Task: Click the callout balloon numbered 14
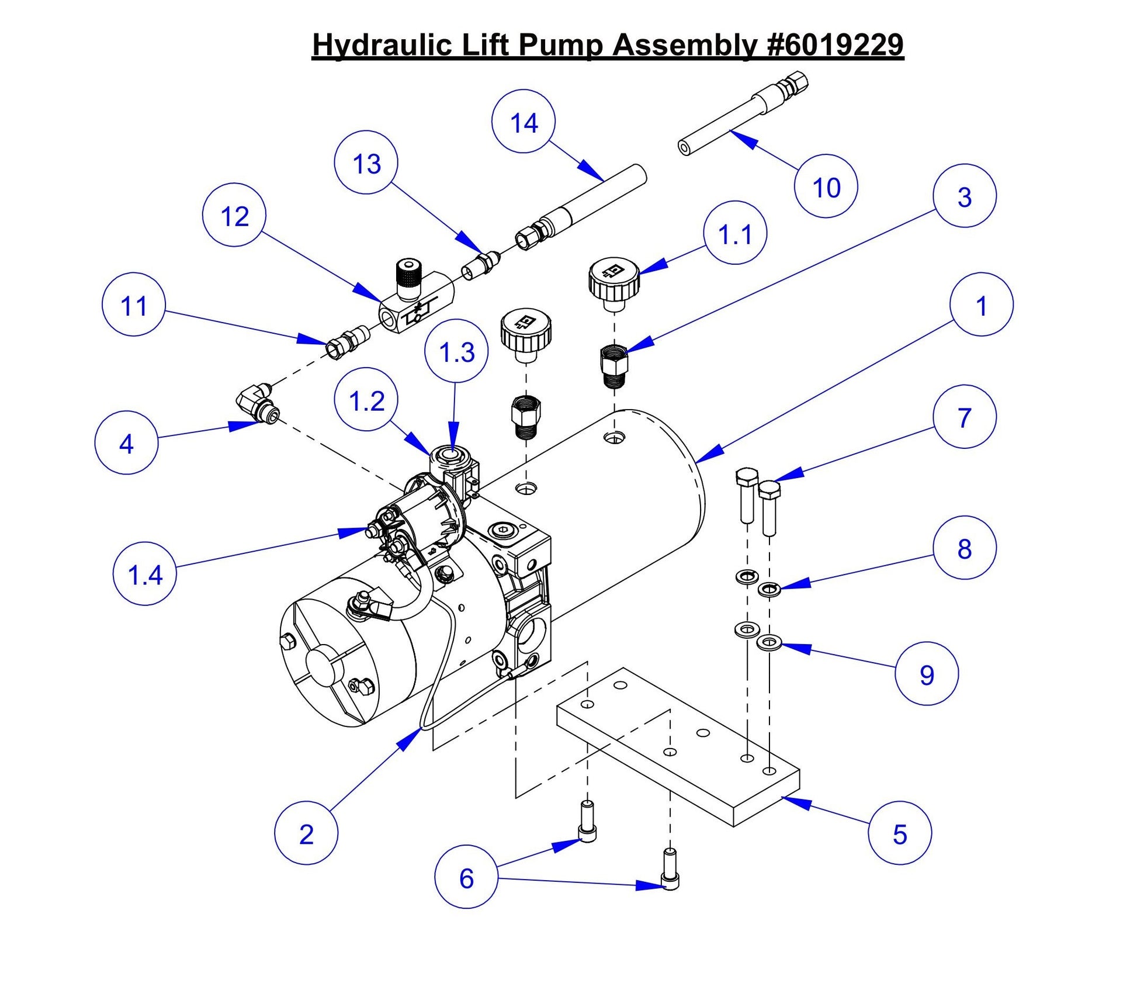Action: tap(523, 122)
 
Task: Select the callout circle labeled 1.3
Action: tap(456, 351)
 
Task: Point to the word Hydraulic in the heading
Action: tap(383, 45)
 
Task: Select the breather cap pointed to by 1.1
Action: tap(613, 279)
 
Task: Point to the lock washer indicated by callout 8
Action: tap(769, 589)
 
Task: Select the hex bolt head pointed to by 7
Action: tap(769, 489)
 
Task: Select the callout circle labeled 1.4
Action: tap(144, 574)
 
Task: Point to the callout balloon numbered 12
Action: tap(234, 215)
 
